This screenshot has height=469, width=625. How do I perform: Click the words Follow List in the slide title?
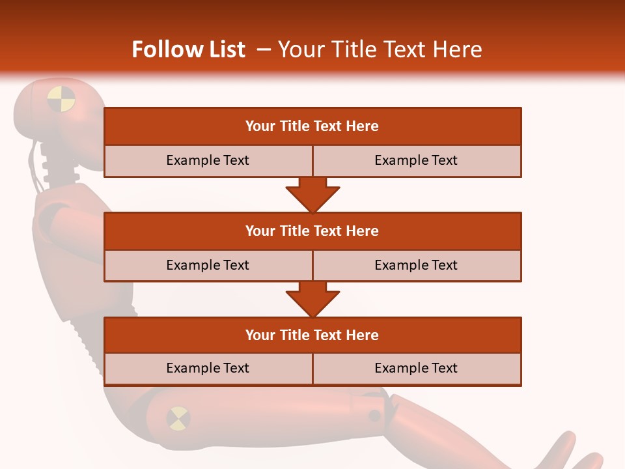point(189,50)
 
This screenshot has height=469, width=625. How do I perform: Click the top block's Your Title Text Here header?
point(312,126)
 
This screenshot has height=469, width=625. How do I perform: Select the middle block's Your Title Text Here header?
point(312,231)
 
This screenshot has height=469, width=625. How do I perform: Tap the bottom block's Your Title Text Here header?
point(312,335)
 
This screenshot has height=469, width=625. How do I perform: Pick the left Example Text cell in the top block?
point(208,160)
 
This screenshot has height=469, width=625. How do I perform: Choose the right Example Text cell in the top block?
point(416,160)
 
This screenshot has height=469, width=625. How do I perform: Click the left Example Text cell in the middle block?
point(208,265)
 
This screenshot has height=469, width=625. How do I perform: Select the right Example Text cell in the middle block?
point(416,265)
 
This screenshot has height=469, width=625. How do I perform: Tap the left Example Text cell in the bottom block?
point(208,368)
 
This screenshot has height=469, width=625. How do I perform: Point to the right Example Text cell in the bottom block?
point(416,368)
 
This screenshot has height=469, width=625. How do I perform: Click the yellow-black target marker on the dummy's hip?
point(178,418)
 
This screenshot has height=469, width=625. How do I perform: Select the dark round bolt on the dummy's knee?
point(374,416)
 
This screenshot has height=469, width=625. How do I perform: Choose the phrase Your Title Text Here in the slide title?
point(380,50)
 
